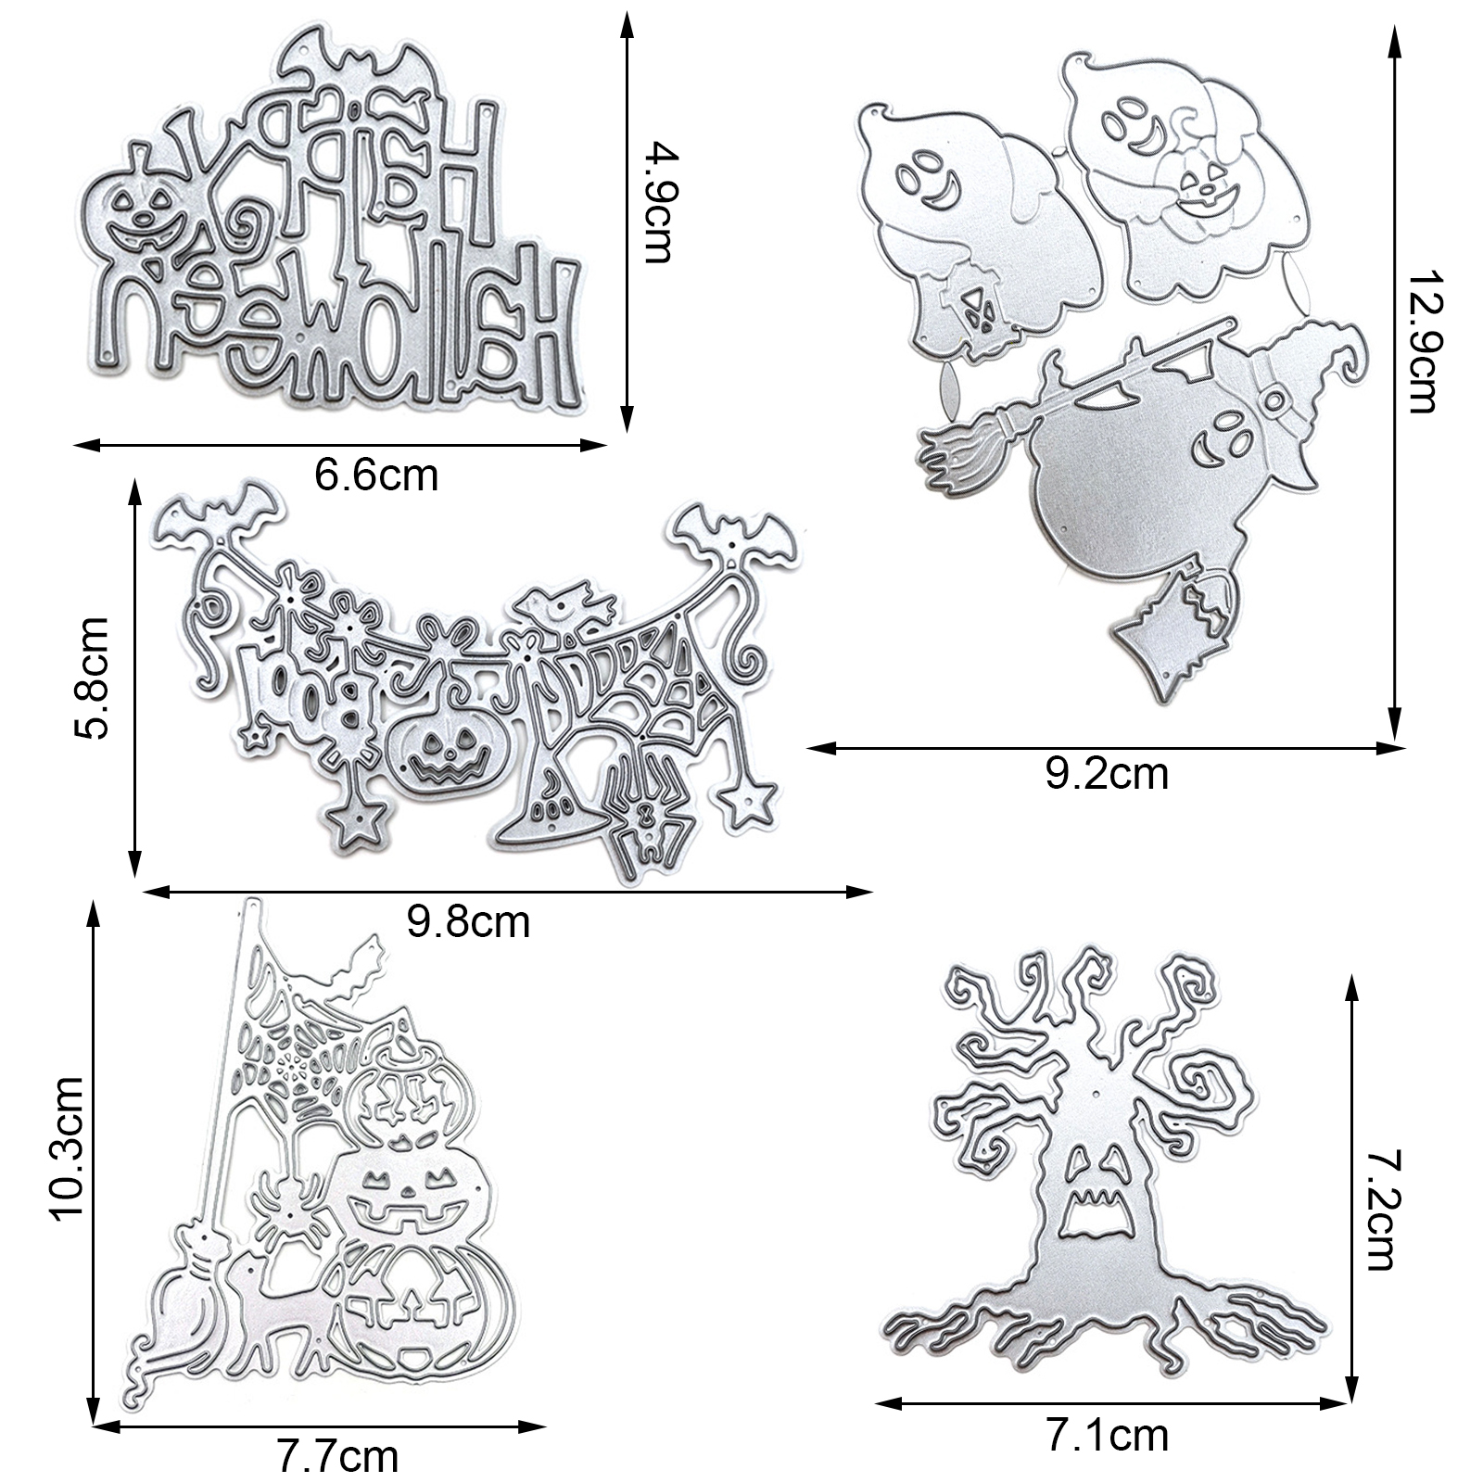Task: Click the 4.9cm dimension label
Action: coord(660,201)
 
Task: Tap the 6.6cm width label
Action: coord(375,475)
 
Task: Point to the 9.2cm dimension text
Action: coord(1107,773)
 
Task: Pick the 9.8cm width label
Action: coord(468,922)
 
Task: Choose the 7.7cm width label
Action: coord(337,1456)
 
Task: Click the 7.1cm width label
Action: coord(1107,1436)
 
